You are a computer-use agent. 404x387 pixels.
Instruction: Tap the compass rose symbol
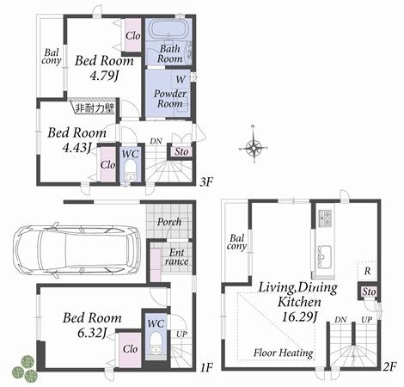(x=254, y=148)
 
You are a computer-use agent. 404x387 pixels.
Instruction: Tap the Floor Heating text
(x=283, y=353)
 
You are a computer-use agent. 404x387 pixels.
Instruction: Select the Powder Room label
(x=170, y=98)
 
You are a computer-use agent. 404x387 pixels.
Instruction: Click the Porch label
(x=168, y=222)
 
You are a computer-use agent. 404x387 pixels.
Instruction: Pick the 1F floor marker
(x=205, y=368)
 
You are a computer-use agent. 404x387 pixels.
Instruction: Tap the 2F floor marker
(x=388, y=367)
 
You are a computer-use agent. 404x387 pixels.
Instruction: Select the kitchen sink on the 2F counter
(x=326, y=255)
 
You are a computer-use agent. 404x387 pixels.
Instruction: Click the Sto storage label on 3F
(x=182, y=153)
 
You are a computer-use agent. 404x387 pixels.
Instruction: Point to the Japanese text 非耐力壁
(x=92, y=109)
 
